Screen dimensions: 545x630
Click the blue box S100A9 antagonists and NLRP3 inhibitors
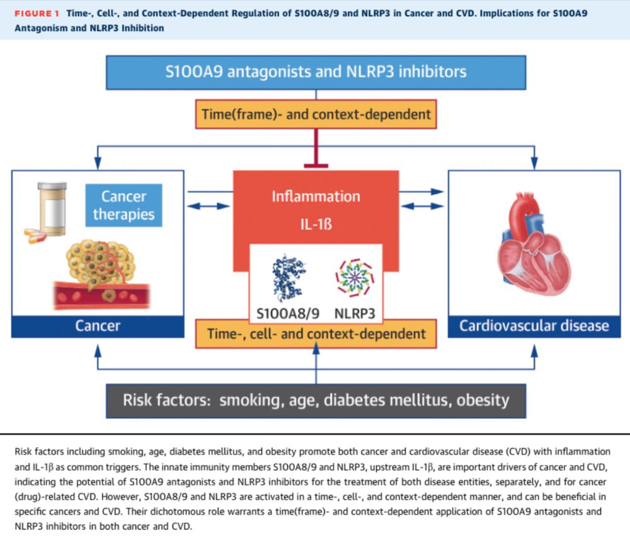point(316,71)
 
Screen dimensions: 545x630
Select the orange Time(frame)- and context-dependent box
point(316,114)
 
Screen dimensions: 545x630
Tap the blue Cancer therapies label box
point(123,205)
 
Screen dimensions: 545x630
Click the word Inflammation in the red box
point(316,196)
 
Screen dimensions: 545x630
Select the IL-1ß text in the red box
point(316,223)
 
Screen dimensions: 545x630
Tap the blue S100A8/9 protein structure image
point(288,278)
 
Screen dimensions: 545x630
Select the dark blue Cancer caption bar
point(98,325)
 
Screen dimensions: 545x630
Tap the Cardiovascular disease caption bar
point(534,325)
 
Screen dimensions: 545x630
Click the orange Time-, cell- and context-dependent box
point(316,333)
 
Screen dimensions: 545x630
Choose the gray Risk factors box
point(316,399)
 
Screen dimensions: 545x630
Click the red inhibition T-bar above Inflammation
point(316,165)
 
